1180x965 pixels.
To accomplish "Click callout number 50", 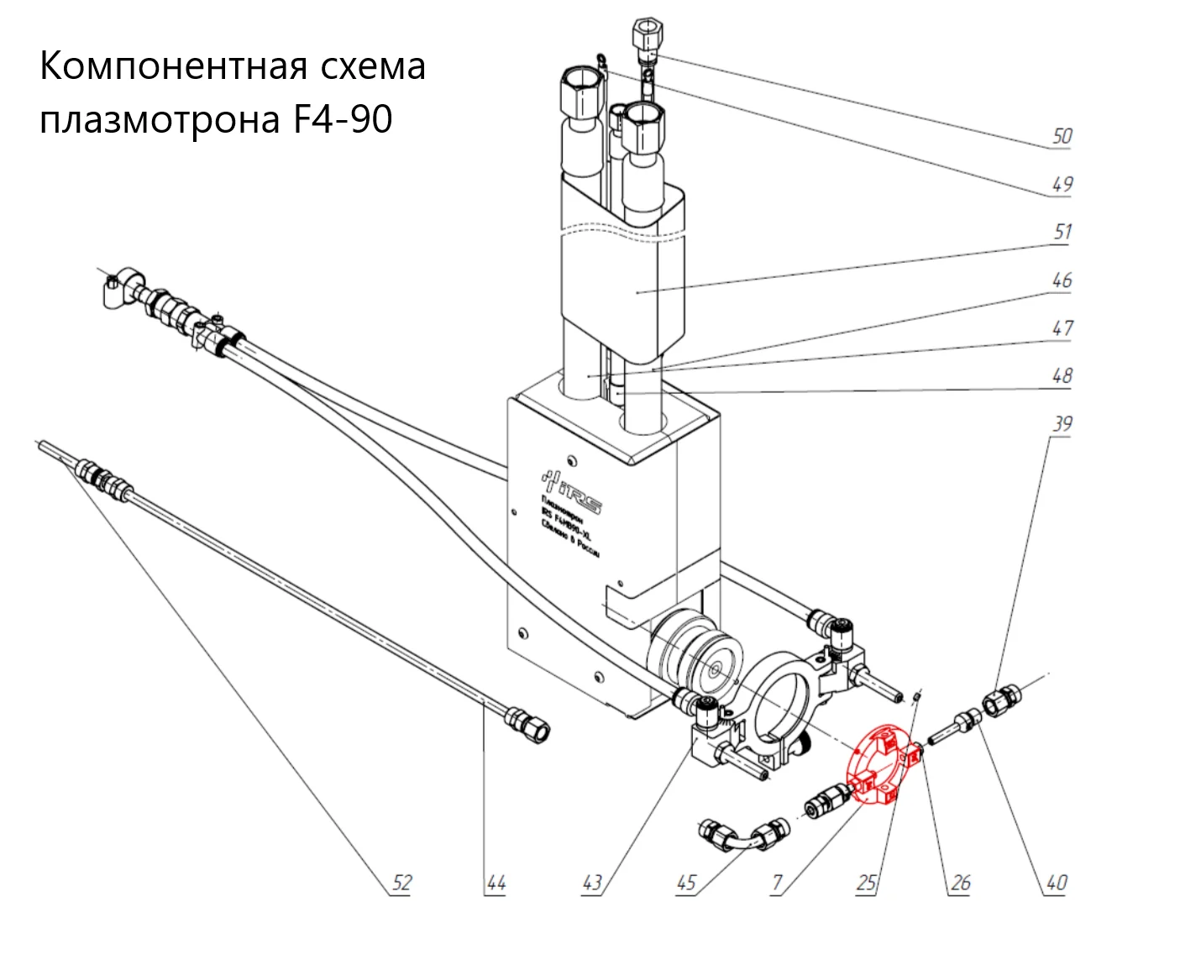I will tap(1062, 136).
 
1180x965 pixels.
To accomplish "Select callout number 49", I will tap(1062, 184).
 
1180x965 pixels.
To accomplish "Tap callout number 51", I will tap(1062, 232).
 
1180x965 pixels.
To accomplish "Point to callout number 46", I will tap(1062, 281).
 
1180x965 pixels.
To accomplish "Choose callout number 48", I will tap(1062, 375).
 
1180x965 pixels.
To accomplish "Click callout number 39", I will tap(1062, 423).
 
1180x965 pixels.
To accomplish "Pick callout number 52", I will tap(402, 882).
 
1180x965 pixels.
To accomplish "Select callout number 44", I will tap(496, 883).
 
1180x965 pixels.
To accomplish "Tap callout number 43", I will tap(592, 883).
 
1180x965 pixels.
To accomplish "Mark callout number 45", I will tap(686, 883).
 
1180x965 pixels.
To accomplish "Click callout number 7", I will tap(777, 883).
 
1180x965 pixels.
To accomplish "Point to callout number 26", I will tap(960, 883).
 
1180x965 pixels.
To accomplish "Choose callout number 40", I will tap(1056, 883).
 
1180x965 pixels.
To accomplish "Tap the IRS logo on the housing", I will tap(572, 490).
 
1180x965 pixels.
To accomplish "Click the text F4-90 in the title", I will tap(342, 119).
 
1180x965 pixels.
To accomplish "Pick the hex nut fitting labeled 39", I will tap(1000, 700).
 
